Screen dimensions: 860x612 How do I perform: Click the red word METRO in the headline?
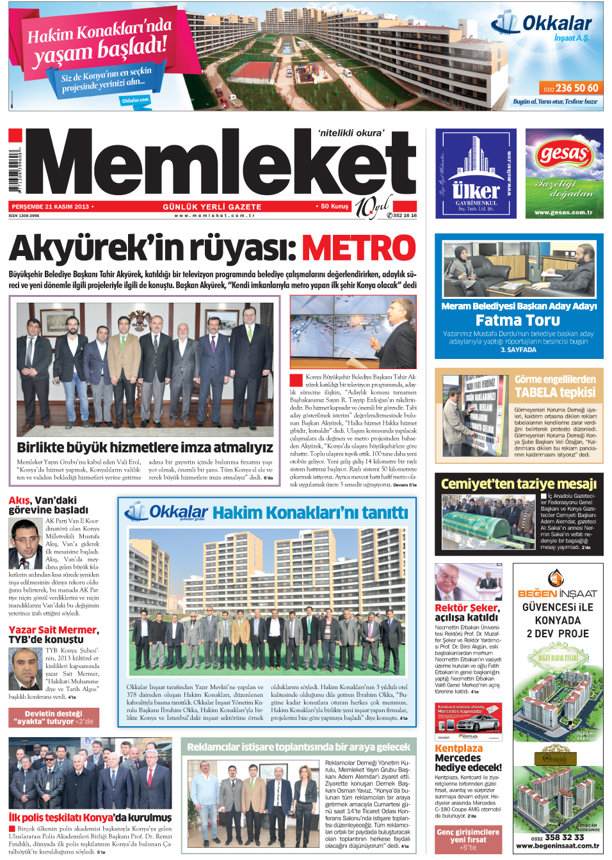click(x=358, y=248)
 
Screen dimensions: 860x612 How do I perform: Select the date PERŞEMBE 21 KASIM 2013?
click(x=51, y=207)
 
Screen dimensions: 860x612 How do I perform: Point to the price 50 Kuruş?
click(x=334, y=207)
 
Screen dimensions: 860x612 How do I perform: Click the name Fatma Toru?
click(x=517, y=320)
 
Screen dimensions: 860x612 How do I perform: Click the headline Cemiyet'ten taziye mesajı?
click(x=519, y=484)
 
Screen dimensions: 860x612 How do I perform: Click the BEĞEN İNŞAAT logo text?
click(x=557, y=594)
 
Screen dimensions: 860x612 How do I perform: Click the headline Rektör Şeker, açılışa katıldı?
click(x=467, y=612)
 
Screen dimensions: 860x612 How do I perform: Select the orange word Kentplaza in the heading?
click(x=458, y=749)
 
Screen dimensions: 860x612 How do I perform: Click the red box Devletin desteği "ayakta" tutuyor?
click(x=53, y=717)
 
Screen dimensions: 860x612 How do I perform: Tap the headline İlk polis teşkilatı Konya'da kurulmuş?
click(x=90, y=818)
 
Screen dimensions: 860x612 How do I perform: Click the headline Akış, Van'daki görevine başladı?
click(x=48, y=505)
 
